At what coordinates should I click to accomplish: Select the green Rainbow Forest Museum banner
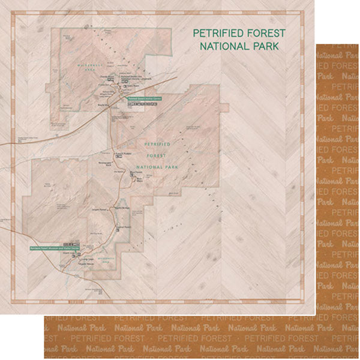click(x=54, y=247)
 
